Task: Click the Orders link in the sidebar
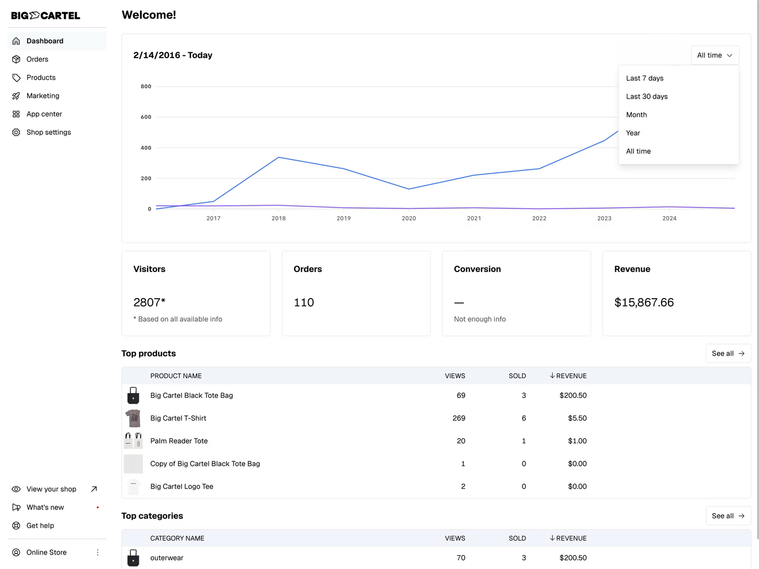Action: (37, 59)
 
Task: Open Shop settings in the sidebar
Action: (48, 133)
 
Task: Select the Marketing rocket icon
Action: (16, 96)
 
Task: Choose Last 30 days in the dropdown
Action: (647, 97)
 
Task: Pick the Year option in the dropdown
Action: (633, 133)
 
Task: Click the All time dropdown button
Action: (715, 55)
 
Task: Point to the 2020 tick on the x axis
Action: (408, 218)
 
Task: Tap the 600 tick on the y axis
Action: (146, 117)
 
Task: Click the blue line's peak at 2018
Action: (279, 157)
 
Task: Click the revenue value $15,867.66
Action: (644, 303)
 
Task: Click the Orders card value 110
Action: (304, 303)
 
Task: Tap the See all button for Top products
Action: (728, 353)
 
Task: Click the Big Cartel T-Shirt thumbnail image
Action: (133, 418)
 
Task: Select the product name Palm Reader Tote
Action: (179, 441)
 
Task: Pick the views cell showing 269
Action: (459, 419)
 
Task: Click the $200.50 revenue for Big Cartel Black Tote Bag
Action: (573, 395)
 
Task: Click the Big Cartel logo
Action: (46, 16)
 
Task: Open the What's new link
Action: (45, 507)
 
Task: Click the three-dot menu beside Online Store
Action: (97, 552)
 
